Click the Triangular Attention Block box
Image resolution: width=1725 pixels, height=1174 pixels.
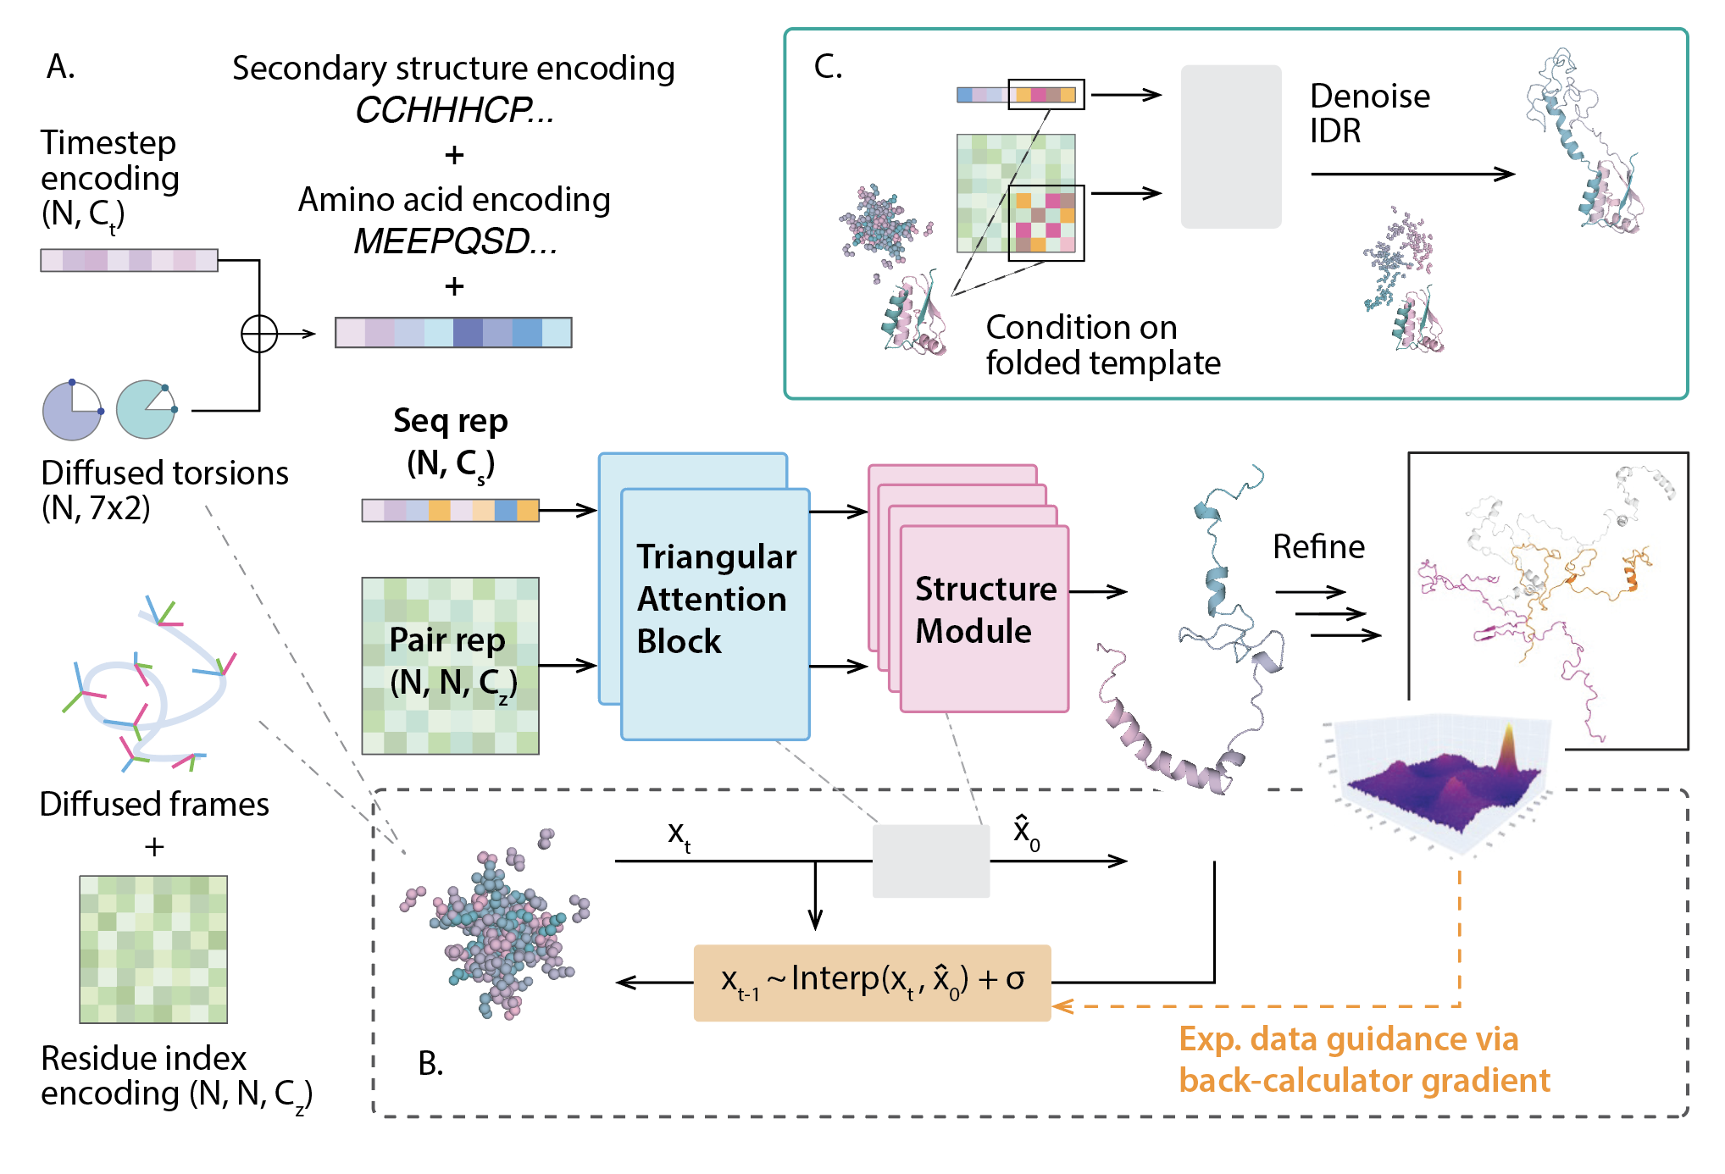[x=715, y=614]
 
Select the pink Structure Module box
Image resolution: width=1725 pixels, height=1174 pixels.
[x=984, y=618]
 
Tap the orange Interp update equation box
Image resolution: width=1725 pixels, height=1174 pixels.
[x=872, y=983]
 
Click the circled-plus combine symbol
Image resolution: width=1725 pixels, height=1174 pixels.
[x=259, y=334]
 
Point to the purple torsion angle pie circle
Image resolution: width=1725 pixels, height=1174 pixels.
[x=73, y=411]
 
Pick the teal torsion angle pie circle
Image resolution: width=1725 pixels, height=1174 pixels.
[x=146, y=410]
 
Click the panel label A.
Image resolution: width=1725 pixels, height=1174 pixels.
[x=60, y=66]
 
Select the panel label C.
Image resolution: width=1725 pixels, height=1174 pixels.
[x=828, y=66]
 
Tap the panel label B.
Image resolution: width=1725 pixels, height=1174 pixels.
[x=430, y=1064]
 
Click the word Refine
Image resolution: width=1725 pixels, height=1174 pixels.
[x=1318, y=547]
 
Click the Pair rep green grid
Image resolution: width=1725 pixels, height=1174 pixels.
[x=450, y=666]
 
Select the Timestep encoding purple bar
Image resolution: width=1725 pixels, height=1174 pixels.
[x=129, y=260]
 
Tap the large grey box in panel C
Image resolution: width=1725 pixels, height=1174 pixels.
[x=1231, y=147]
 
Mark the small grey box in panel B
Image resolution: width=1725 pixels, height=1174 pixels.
[x=931, y=861]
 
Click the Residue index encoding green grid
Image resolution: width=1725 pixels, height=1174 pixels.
[x=153, y=950]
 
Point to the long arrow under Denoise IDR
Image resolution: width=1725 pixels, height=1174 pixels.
[x=1412, y=174]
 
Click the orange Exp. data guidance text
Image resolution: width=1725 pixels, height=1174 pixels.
[x=1364, y=1060]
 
